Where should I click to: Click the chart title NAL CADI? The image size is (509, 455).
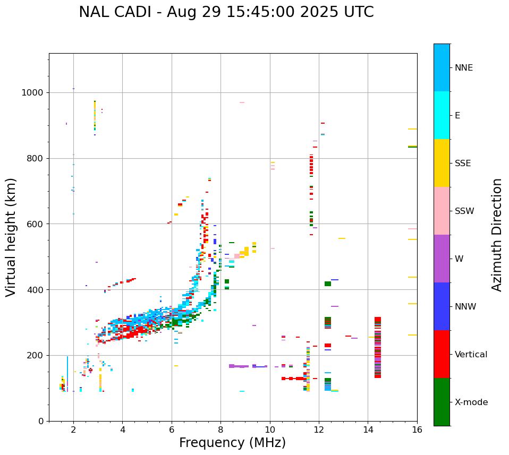(226, 12)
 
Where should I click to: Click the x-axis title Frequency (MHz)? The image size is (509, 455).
(232, 443)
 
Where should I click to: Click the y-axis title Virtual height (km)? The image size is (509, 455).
(11, 237)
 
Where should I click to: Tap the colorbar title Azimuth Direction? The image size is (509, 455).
(497, 235)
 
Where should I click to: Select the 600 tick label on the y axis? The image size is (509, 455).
(35, 224)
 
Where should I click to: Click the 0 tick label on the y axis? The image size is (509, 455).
(40, 421)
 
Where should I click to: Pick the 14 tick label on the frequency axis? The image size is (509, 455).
(368, 430)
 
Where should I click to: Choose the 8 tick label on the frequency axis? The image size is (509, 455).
(221, 430)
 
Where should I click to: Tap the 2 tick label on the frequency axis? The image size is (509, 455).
(73, 430)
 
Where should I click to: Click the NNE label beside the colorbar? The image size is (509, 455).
(463, 68)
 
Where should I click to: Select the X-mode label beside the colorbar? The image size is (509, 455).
(471, 402)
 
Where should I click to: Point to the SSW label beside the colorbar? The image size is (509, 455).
(464, 211)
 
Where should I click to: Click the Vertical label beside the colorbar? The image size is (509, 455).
(471, 355)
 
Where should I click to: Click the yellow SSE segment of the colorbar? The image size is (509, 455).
(442, 163)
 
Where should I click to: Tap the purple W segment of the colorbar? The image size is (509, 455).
(442, 259)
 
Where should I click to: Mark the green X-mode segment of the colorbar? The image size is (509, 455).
(442, 402)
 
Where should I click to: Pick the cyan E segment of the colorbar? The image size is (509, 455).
(442, 115)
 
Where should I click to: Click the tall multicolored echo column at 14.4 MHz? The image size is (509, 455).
(378, 347)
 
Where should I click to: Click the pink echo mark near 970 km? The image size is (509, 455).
(242, 102)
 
